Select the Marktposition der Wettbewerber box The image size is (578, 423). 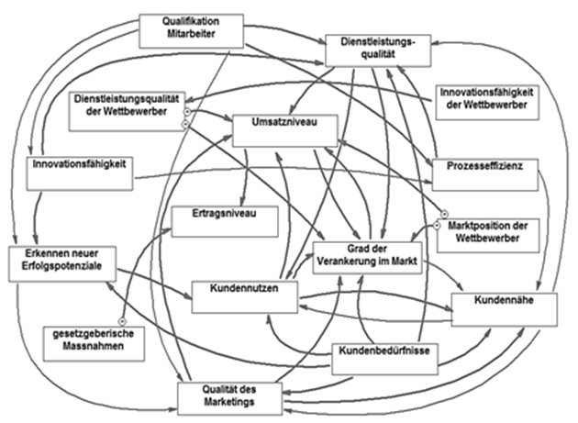pos(485,233)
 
